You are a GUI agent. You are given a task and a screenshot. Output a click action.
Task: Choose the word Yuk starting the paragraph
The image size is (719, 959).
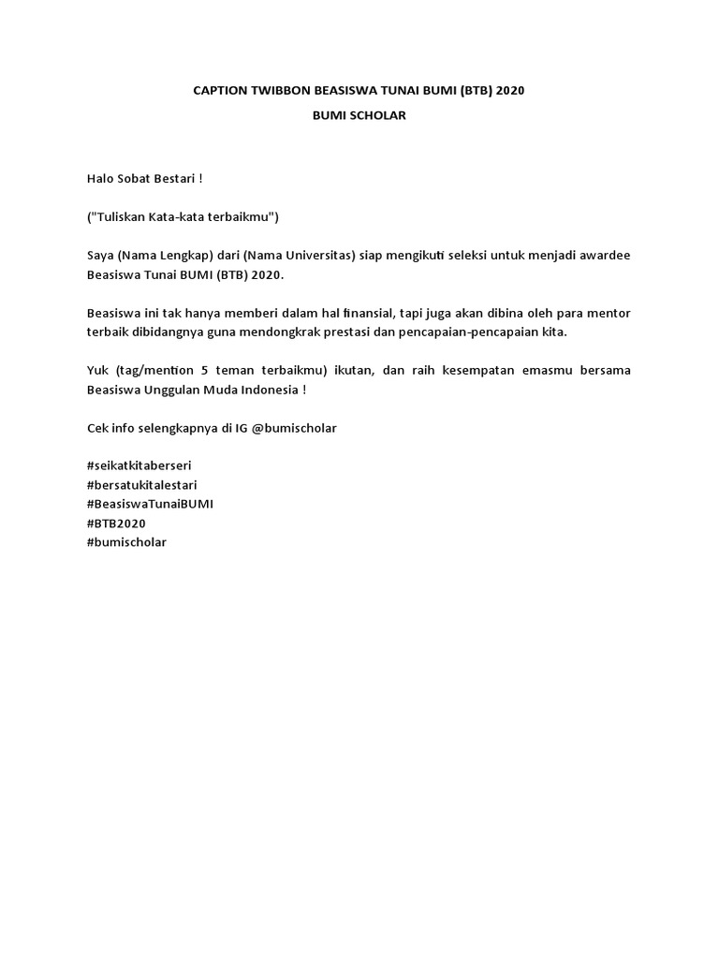click(97, 370)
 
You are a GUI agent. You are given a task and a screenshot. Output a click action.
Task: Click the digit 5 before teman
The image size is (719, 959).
click(203, 370)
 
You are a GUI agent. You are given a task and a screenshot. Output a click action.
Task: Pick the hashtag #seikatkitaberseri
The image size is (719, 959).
click(139, 465)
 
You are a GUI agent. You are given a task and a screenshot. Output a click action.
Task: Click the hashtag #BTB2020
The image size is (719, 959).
click(116, 524)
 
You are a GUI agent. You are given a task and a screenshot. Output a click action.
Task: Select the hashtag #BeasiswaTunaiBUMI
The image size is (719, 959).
click(150, 504)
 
